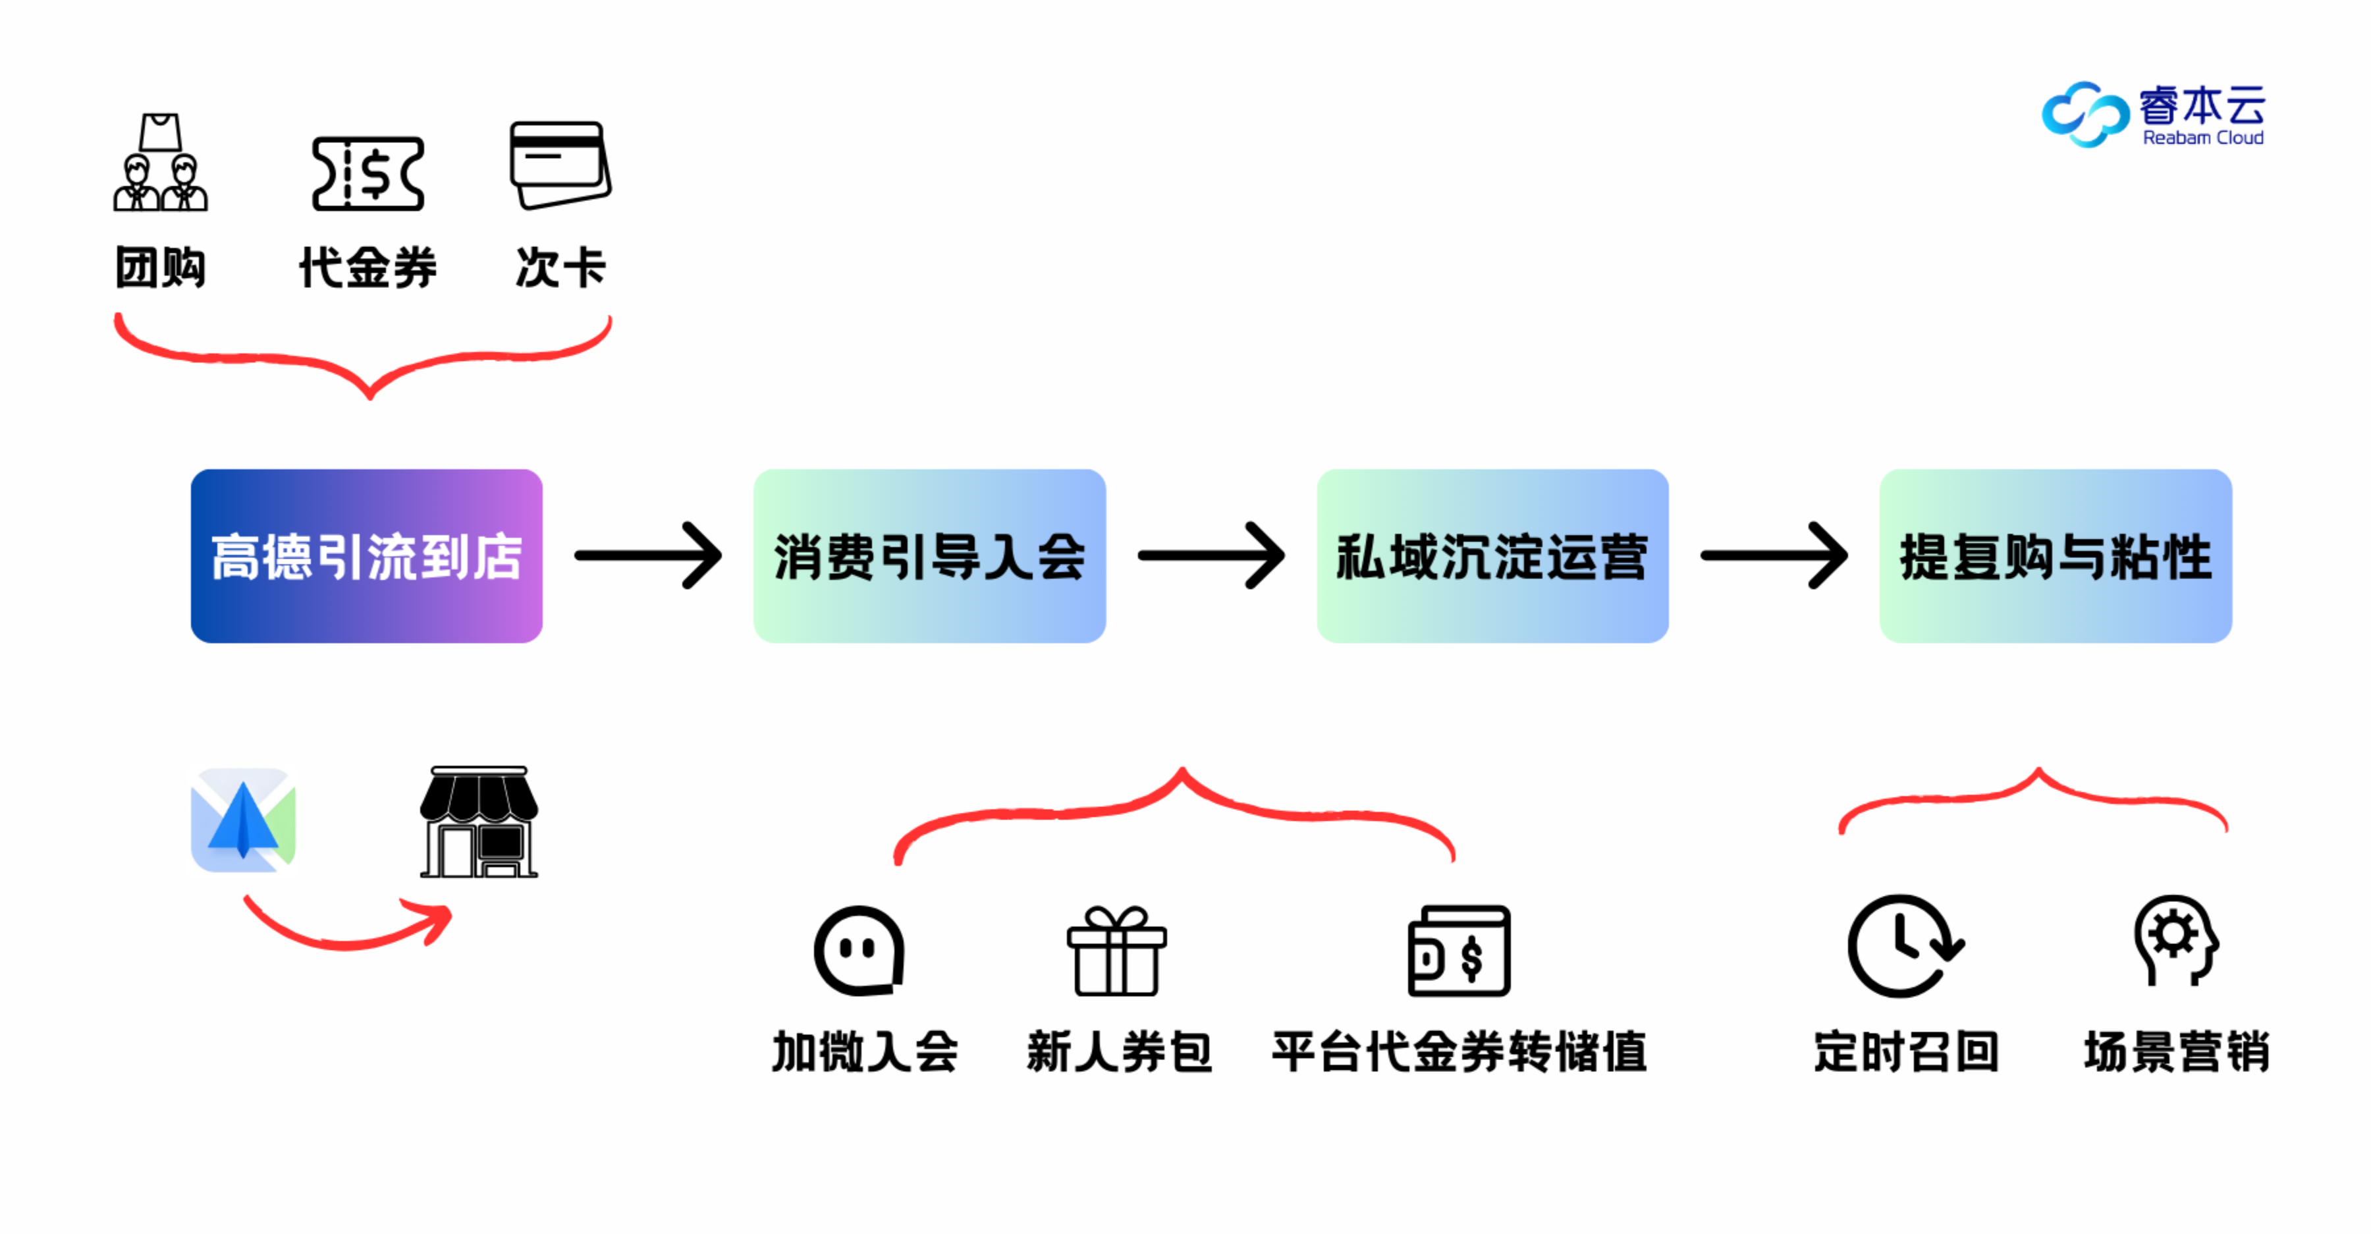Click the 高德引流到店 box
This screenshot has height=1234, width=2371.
click(366, 555)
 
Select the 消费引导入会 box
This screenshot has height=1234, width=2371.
click(929, 555)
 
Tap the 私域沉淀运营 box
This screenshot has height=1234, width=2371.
click(1492, 555)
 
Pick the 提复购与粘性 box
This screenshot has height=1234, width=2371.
click(2056, 555)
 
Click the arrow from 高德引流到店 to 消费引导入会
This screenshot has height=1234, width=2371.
click(648, 555)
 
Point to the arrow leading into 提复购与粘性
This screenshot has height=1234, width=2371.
click(1774, 555)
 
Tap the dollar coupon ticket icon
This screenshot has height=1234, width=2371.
click(368, 173)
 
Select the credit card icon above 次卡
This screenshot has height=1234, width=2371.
click(560, 165)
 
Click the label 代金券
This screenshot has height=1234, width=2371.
click(368, 268)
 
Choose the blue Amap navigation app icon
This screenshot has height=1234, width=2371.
click(243, 820)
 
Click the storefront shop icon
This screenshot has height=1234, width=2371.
click(479, 822)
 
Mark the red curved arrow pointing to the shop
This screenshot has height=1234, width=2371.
click(350, 926)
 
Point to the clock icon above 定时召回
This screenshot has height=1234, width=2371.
click(1903, 947)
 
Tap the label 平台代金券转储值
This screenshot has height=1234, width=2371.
click(1459, 1052)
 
